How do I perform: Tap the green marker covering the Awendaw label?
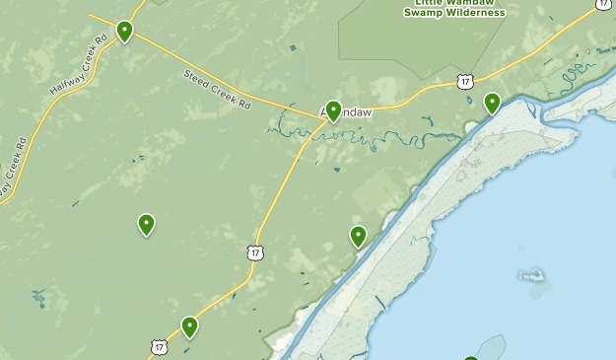click(x=333, y=110)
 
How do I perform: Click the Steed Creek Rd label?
click(x=217, y=88)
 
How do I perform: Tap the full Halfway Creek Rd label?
click(x=77, y=67)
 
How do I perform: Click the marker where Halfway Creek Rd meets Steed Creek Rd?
click(x=124, y=31)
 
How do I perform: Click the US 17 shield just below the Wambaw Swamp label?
click(x=465, y=81)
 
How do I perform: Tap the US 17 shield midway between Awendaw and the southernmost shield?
click(x=256, y=253)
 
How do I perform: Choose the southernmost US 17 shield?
click(x=159, y=347)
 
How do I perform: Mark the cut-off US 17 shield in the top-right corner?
click(x=603, y=4)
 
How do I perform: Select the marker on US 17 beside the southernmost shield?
click(x=189, y=326)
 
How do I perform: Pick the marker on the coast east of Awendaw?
click(x=492, y=102)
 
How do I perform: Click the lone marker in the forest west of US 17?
click(x=146, y=224)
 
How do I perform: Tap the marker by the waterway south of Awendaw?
click(x=358, y=235)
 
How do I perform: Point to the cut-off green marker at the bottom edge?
click(x=471, y=356)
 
